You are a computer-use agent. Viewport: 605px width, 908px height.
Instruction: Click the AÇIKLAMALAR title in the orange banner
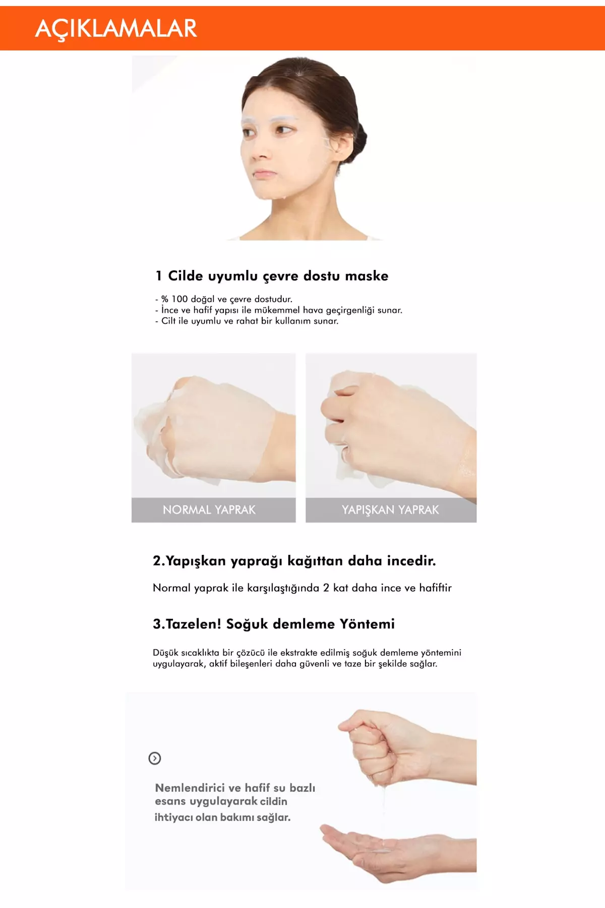(116, 29)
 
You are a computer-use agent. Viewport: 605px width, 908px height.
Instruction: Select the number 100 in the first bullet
(179, 299)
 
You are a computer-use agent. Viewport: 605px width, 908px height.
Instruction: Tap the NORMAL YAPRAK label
(209, 510)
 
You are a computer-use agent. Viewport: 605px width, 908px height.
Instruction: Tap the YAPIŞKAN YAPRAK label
(390, 510)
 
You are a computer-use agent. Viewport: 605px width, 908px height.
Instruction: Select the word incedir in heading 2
(411, 561)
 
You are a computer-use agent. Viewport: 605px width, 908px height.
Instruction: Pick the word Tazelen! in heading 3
(194, 624)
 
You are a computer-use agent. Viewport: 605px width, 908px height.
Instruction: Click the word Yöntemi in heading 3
(367, 624)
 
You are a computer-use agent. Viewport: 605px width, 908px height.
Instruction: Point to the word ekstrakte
(299, 653)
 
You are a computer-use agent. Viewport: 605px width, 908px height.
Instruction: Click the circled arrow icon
(155, 758)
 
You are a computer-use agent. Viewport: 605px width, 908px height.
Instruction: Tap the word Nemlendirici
(190, 788)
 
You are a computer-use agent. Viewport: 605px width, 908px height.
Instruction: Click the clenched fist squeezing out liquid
(383, 747)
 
